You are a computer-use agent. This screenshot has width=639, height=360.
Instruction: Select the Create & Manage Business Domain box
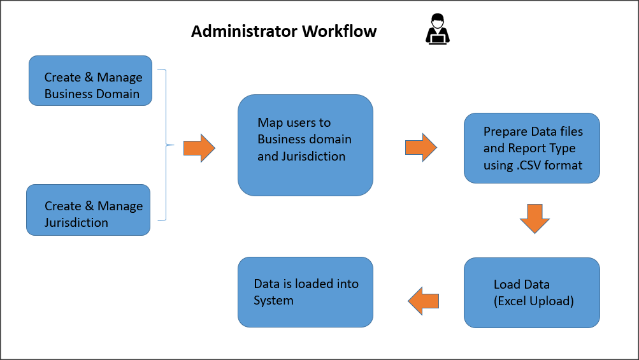click(90, 80)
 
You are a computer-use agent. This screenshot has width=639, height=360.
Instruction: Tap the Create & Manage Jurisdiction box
click(88, 210)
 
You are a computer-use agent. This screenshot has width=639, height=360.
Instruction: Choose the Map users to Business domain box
click(305, 145)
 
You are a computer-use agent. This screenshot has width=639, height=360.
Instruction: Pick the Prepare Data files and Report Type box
click(531, 148)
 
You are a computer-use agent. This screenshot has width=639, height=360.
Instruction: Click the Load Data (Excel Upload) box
click(531, 292)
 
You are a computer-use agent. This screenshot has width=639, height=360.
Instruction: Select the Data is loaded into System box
click(305, 292)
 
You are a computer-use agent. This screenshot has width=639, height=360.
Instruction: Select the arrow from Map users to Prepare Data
click(421, 148)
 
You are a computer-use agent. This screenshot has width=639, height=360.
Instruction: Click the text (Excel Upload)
click(534, 301)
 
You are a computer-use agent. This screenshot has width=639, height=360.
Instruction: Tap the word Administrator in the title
click(244, 31)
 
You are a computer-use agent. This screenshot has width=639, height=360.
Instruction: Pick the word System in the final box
click(273, 301)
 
